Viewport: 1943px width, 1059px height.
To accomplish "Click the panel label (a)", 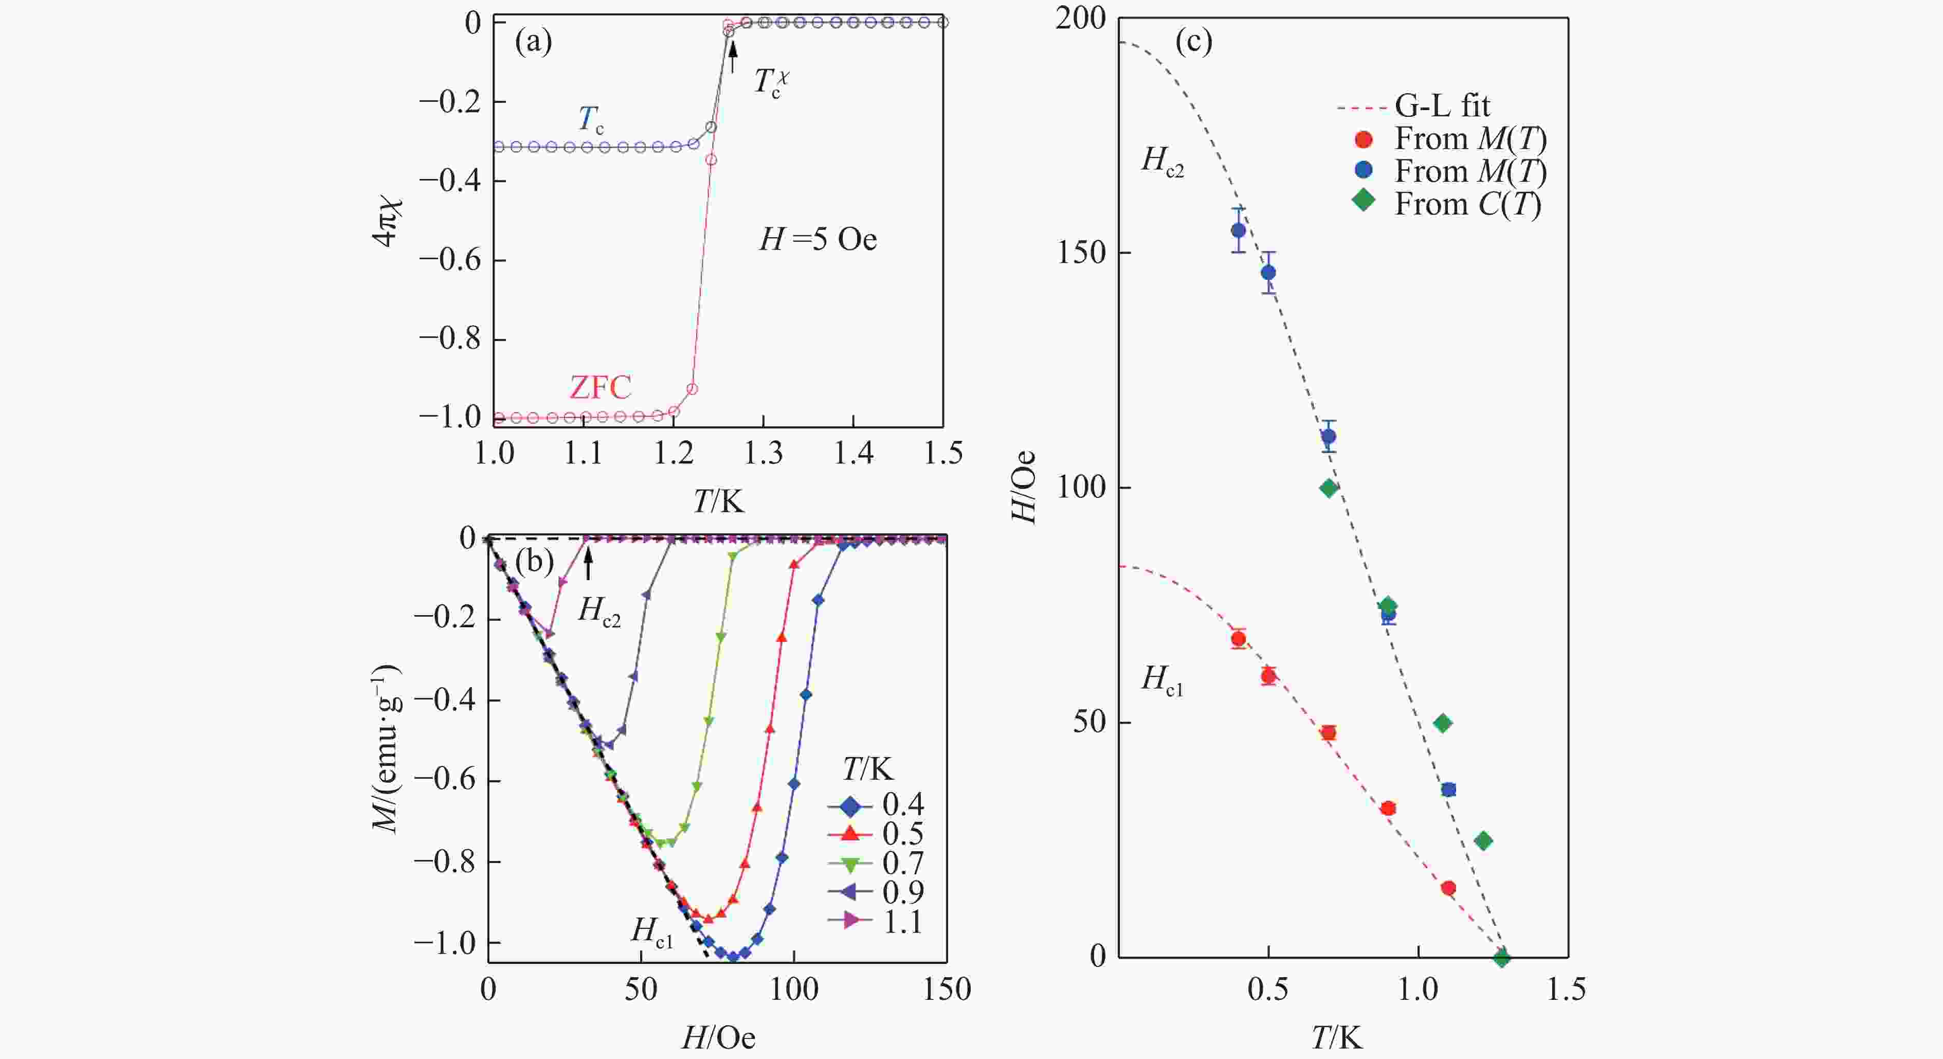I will coord(533,42).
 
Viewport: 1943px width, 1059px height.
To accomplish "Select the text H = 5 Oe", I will coord(818,240).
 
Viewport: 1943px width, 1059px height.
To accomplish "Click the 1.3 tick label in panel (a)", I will coord(764,453).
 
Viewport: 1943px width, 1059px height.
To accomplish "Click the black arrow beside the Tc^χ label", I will coord(732,57).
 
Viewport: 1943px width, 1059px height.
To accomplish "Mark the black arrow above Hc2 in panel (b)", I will coord(588,564).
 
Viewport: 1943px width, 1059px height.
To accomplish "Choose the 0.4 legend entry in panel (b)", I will coord(877,805).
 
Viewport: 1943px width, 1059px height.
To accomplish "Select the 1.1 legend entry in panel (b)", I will coord(877,921).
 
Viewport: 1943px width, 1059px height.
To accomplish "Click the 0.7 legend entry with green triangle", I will coord(877,863).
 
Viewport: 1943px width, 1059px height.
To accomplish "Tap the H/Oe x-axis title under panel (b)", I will coord(718,1038).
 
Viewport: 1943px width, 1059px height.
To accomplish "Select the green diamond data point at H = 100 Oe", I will coord(1329,488).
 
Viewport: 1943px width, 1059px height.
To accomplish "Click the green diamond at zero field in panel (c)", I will coord(1502,958).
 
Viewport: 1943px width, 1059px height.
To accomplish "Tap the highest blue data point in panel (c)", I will coord(1239,230).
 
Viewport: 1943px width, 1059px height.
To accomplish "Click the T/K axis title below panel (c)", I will coord(1337,1038).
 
